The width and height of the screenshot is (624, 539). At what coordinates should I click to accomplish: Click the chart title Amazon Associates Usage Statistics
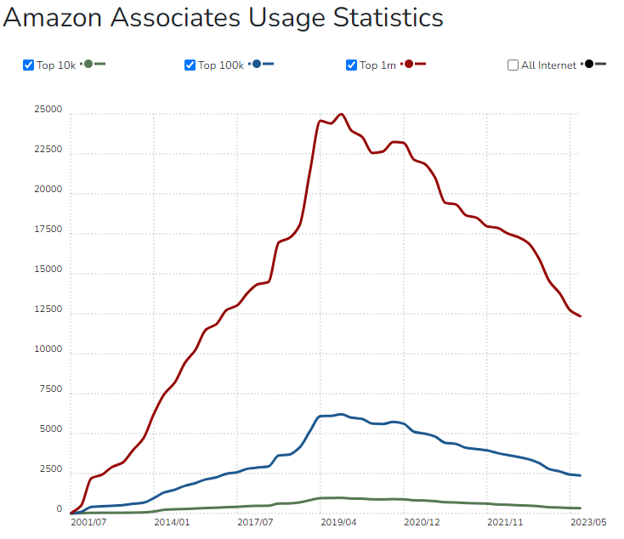(223, 18)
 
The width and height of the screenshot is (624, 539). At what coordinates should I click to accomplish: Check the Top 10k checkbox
(28, 65)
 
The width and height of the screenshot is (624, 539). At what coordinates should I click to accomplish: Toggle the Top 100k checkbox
(190, 65)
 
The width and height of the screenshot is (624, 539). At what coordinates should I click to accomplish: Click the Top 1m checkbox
(351, 65)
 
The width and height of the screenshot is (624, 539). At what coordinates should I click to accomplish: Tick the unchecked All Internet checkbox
(513, 65)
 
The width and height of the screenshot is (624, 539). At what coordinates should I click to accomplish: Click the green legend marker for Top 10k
(88, 65)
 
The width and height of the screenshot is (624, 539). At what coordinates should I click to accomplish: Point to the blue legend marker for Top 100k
(258, 65)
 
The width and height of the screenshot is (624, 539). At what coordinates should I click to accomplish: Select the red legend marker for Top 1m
(410, 65)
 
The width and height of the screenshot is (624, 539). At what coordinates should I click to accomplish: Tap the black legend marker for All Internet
(589, 65)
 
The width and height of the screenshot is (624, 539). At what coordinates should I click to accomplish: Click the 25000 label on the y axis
(48, 110)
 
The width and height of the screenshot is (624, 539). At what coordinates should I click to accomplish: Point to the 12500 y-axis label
(48, 309)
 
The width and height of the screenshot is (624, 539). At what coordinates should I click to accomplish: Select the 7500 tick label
(50, 389)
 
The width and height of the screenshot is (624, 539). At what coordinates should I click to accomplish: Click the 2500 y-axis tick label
(50, 469)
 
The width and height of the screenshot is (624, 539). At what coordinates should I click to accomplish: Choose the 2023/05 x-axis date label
(587, 522)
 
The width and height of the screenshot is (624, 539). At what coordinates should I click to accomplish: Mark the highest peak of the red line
(341, 114)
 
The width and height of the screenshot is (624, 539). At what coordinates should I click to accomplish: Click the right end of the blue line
(581, 475)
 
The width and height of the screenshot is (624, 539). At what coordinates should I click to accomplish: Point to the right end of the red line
(581, 316)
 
